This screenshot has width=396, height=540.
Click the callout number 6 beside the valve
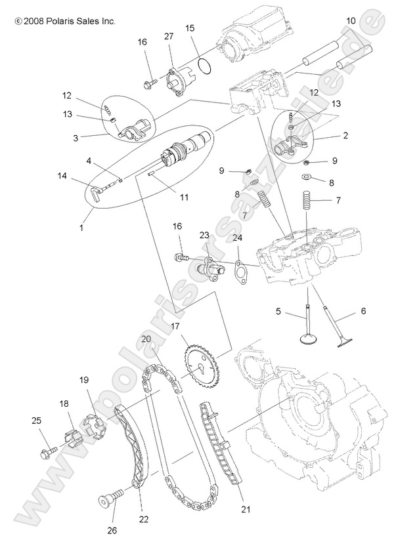click(x=363, y=311)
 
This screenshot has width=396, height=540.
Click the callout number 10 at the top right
click(x=351, y=21)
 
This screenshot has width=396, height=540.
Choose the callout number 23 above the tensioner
click(x=204, y=235)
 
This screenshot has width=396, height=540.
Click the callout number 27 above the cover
click(x=169, y=36)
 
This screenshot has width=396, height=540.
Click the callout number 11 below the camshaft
click(x=185, y=197)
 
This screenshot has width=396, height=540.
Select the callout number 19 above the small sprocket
click(x=83, y=380)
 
